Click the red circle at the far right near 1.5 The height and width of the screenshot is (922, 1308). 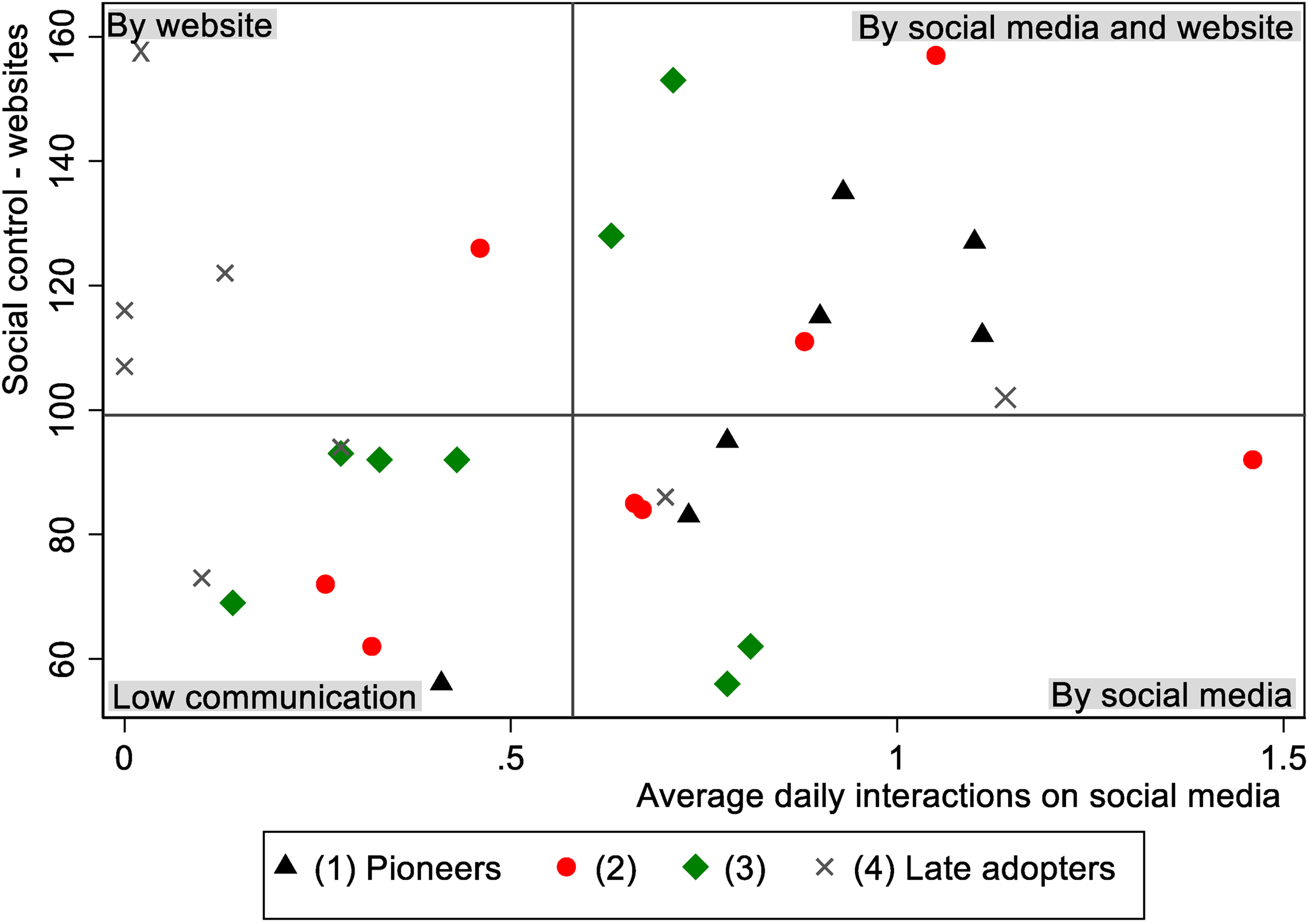[1252, 459]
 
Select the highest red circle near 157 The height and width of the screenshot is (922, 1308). [936, 55]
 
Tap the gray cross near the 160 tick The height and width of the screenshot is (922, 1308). [141, 52]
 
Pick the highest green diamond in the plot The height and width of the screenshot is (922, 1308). [673, 80]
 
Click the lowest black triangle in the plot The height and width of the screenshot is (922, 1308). [441, 681]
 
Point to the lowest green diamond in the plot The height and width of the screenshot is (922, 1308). [727, 684]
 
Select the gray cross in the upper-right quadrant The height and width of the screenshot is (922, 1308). [1005, 398]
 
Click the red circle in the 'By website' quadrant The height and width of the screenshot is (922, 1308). [480, 248]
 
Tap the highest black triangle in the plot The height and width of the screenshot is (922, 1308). [843, 190]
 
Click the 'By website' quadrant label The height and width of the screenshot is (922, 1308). [190, 25]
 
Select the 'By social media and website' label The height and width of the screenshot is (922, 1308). [1076, 27]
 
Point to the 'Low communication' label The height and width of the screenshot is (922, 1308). [265, 697]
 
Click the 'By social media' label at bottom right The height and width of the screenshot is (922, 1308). [1171, 695]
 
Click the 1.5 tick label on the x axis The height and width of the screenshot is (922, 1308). [1283, 759]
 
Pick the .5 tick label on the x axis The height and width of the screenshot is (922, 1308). [510, 759]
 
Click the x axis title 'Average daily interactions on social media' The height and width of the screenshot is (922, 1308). [958, 796]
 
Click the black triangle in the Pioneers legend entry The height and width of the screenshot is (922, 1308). [285, 865]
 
